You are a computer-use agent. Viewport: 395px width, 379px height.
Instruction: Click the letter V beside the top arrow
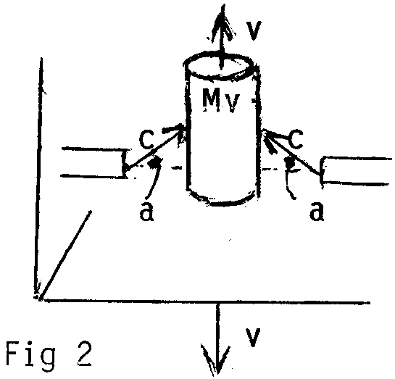(x=253, y=30)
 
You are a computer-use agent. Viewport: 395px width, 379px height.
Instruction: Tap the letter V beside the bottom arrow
(x=253, y=338)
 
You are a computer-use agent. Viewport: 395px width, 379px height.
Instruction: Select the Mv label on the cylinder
(x=220, y=101)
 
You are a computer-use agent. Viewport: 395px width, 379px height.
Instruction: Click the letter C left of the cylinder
(x=146, y=139)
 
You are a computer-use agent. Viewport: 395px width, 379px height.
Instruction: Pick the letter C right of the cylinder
(x=295, y=139)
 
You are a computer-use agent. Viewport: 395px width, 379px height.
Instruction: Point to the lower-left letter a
(x=146, y=212)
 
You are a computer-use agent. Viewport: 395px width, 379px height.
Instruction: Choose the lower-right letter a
(x=317, y=212)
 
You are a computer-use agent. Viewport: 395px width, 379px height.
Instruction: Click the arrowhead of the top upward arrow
(x=222, y=22)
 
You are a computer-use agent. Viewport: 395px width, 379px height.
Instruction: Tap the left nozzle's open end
(x=124, y=164)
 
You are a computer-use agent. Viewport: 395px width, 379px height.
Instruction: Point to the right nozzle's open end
(x=323, y=170)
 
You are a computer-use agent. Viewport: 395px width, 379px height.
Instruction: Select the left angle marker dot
(x=154, y=163)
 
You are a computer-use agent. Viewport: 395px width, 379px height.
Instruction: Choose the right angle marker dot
(x=290, y=164)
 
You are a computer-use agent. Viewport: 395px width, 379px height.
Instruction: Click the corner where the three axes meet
(x=38, y=299)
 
